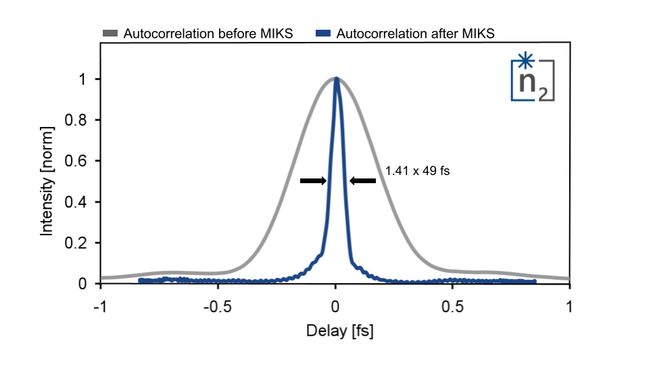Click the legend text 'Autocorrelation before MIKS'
[x=208, y=34]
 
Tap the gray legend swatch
[x=111, y=34]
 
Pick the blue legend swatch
[x=324, y=34]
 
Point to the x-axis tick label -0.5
[x=218, y=306]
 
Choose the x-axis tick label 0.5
[x=452, y=306]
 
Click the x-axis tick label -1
[x=101, y=306]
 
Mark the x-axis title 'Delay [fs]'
[x=335, y=332]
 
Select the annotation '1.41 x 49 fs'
[x=417, y=172]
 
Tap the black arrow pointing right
[x=313, y=181]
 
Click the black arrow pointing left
[x=363, y=181]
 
